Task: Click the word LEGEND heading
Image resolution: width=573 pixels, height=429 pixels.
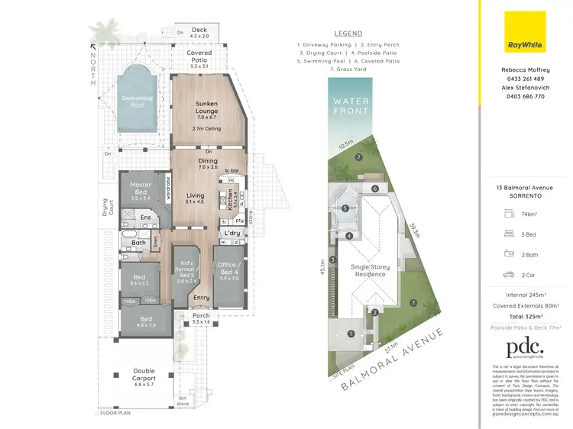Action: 348,34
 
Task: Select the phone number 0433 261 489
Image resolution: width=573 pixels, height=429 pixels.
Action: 523,79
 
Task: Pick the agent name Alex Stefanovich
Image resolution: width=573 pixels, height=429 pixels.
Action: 523,88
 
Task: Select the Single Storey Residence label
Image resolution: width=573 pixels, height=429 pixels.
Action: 369,271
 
